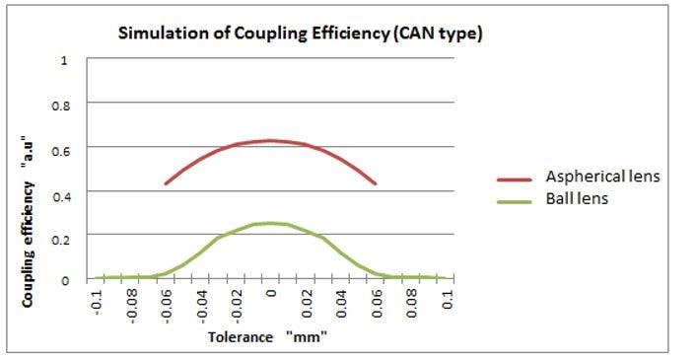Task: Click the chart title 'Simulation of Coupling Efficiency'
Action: (300, 34)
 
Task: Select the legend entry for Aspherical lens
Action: (602, 177)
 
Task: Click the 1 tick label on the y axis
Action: (65, 60)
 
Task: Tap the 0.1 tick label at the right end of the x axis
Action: (449, 299)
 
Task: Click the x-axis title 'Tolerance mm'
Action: (267, 337)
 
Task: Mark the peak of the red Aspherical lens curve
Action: (271, 140)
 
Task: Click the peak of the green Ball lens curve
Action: (271, 223)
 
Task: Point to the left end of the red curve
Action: (166, 183)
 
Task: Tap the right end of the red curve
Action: (376, 183)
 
